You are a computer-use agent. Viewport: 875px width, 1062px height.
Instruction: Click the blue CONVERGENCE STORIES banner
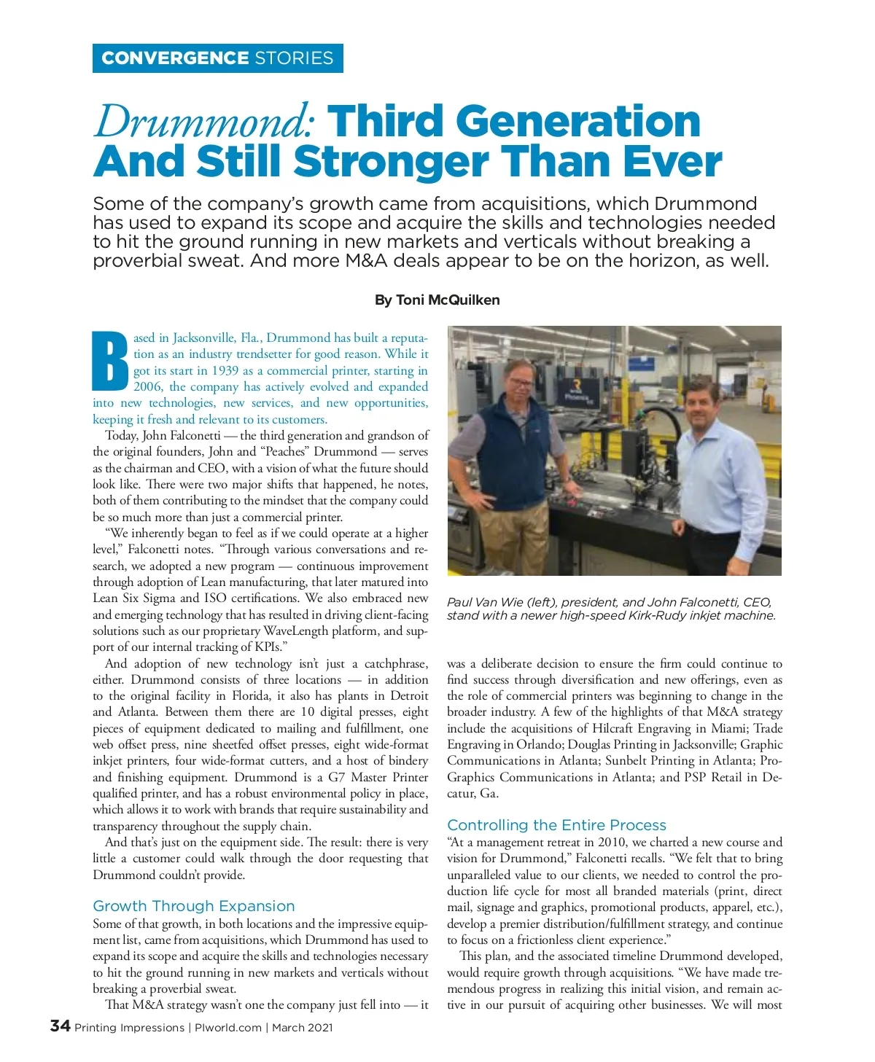217,58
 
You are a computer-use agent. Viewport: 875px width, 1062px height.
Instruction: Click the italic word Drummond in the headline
204,122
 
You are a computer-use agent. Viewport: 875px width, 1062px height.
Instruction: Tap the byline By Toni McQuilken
437,300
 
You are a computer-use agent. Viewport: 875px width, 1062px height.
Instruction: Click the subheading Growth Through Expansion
194,906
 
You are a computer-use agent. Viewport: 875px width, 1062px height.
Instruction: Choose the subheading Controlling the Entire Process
556,825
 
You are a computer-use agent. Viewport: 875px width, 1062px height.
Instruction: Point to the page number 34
60,1026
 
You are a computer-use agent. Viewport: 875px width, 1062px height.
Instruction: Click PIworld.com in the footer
227,1028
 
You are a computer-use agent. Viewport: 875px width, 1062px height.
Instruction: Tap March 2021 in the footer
303,1028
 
